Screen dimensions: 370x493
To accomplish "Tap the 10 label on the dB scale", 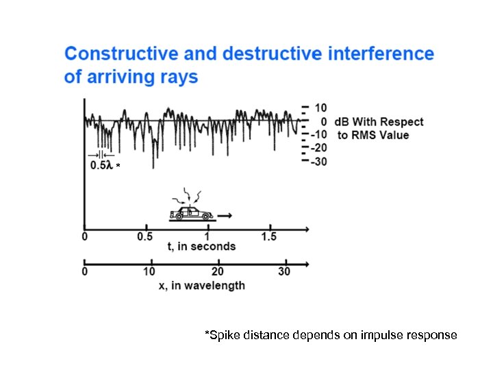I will (x=320, y=108).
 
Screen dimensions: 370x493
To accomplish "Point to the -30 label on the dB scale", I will (x=318, y=162).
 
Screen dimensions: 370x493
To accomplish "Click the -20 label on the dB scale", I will (x=318, y=148).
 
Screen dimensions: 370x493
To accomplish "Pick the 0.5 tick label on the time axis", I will (x=145, y=237).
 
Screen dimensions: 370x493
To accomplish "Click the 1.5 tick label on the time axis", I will (x=269, y=237).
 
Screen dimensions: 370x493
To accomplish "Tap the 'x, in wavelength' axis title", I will (x=202, y=285).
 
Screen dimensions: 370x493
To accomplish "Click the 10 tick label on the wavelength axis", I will (x=149, y=272).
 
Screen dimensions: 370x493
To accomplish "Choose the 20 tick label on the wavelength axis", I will (x=218, y=272).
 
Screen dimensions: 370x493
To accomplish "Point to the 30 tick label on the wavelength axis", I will (x=284, y=272).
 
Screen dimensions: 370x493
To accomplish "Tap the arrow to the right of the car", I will (x=225, y=215).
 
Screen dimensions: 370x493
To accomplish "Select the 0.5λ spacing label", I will (x=101, y=166).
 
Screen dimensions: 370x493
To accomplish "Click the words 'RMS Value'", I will (x=380, y=135).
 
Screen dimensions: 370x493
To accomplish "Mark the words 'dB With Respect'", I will (x=379, y=122).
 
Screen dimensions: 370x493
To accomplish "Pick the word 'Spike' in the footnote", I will (x=223, y=336).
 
